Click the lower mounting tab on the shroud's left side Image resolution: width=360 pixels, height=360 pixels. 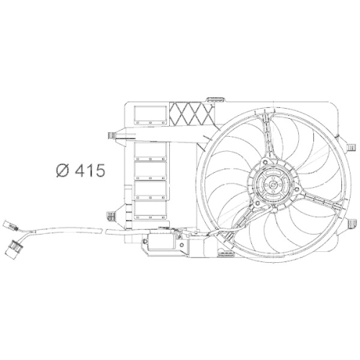(x=112, y=215)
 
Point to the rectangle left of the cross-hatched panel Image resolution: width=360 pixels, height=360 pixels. (x=148, y=112)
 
